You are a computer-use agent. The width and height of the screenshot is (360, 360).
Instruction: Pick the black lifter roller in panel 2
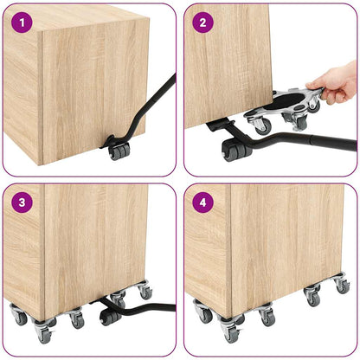click(234, 153)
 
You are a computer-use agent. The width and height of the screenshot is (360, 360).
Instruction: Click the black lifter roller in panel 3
click(110, 315)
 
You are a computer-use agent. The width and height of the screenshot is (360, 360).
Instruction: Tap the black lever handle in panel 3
click(156, 305)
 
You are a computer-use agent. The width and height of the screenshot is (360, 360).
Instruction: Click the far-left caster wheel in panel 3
click(20, 318)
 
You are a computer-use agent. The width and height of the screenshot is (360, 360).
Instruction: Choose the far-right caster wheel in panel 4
click(343, 286)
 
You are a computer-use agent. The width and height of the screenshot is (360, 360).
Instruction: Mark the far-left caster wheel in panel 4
click(204, 316)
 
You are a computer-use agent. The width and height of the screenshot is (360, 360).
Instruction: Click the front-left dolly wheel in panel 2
click(260, 126)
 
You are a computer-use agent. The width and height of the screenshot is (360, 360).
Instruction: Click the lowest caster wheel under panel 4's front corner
click(229, 335)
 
